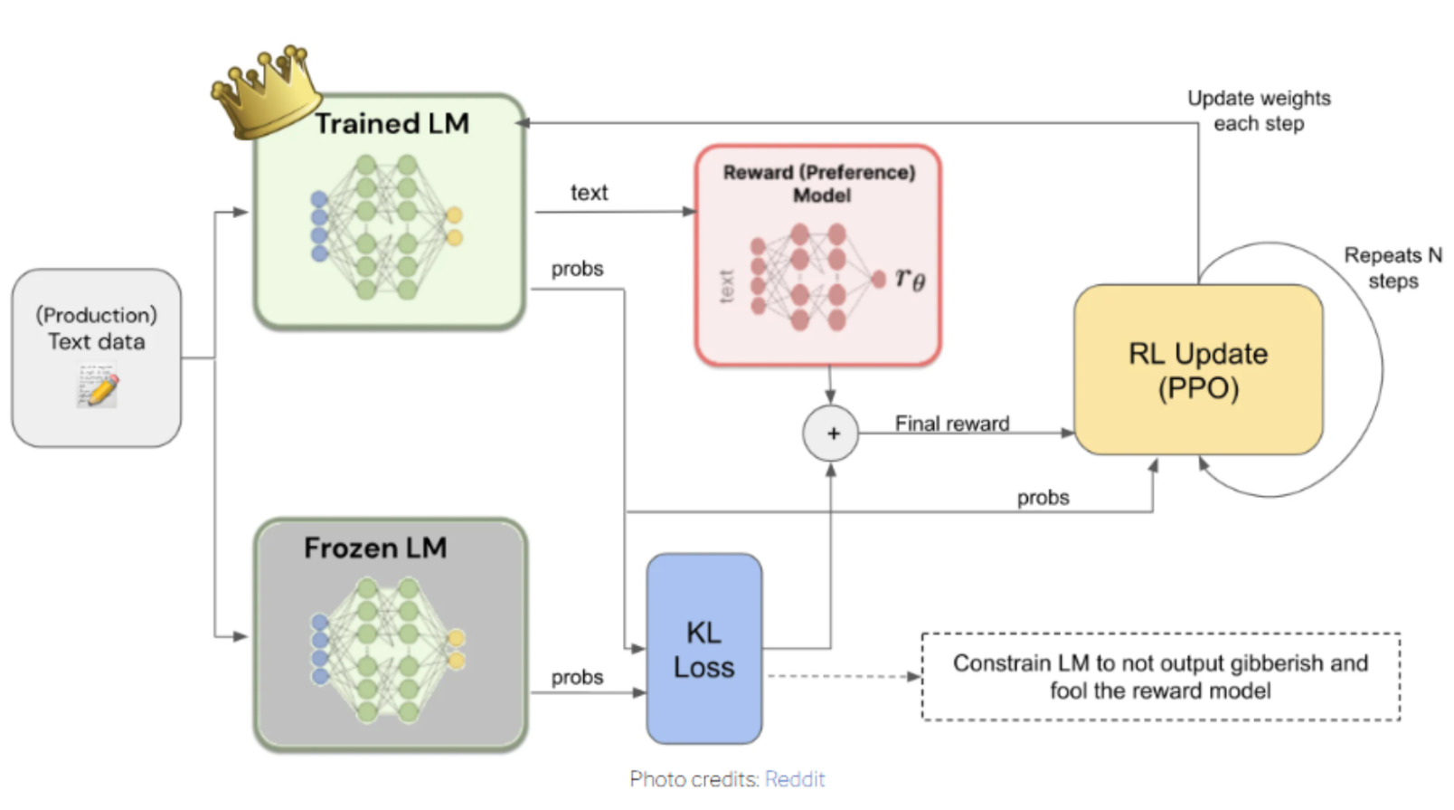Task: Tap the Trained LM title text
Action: [392, 124]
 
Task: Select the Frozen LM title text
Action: [375, 548]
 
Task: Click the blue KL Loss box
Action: [703, 649]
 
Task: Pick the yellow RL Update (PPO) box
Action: [1198, 370]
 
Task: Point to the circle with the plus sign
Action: [831, 434]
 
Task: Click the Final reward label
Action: [952, 423]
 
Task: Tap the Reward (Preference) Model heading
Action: [818, 184]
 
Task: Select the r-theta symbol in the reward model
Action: [910, 279]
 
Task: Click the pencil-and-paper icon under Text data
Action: [98, 386]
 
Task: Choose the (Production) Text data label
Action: [97, 329]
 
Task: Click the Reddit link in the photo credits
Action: [795, 779]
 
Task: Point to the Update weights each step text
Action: [1259, 110]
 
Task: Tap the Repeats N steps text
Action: [1393, 268]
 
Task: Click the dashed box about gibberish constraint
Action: [1160, 677]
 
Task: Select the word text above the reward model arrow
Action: [589, 193]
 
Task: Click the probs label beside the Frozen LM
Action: [577, 677]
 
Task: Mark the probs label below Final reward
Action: [1043, 498]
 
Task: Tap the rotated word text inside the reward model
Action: [726, 286]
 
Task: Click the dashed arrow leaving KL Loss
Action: [841, 676]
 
